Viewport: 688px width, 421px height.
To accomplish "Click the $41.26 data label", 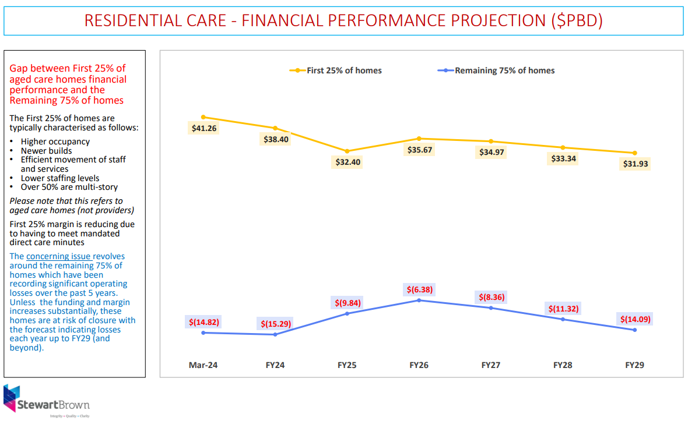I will (203, 128).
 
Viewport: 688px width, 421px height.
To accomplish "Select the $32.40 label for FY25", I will (347, 162).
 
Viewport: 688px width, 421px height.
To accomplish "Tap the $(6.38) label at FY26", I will (419, 289).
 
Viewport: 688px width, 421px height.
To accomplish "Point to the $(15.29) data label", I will (275, 323).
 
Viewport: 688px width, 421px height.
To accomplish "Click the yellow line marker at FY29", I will (635, 153).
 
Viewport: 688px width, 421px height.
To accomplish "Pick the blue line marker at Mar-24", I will (203, 332).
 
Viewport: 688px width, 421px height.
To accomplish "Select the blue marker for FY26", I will (419, 300).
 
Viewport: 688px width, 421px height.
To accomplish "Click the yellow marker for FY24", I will (275, 128).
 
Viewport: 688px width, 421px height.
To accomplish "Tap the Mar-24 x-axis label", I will (203, 365).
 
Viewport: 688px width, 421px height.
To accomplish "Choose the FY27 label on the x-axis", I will (491, 365).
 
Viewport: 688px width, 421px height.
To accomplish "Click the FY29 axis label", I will (635, 365).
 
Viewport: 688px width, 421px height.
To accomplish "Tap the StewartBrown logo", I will (47, 401).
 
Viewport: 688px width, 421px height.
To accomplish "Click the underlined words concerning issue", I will (58, 256).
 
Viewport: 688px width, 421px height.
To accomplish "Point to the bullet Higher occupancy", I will (55, 141).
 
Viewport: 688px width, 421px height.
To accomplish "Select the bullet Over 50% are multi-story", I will (69, 187).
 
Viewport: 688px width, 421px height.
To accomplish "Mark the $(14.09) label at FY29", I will (635, 319).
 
